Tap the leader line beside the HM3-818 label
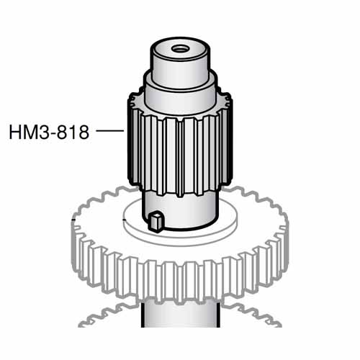[x=110, y=131]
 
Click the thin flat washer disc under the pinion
[x=216, y=223]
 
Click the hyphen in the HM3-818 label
[x=53, y=134]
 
